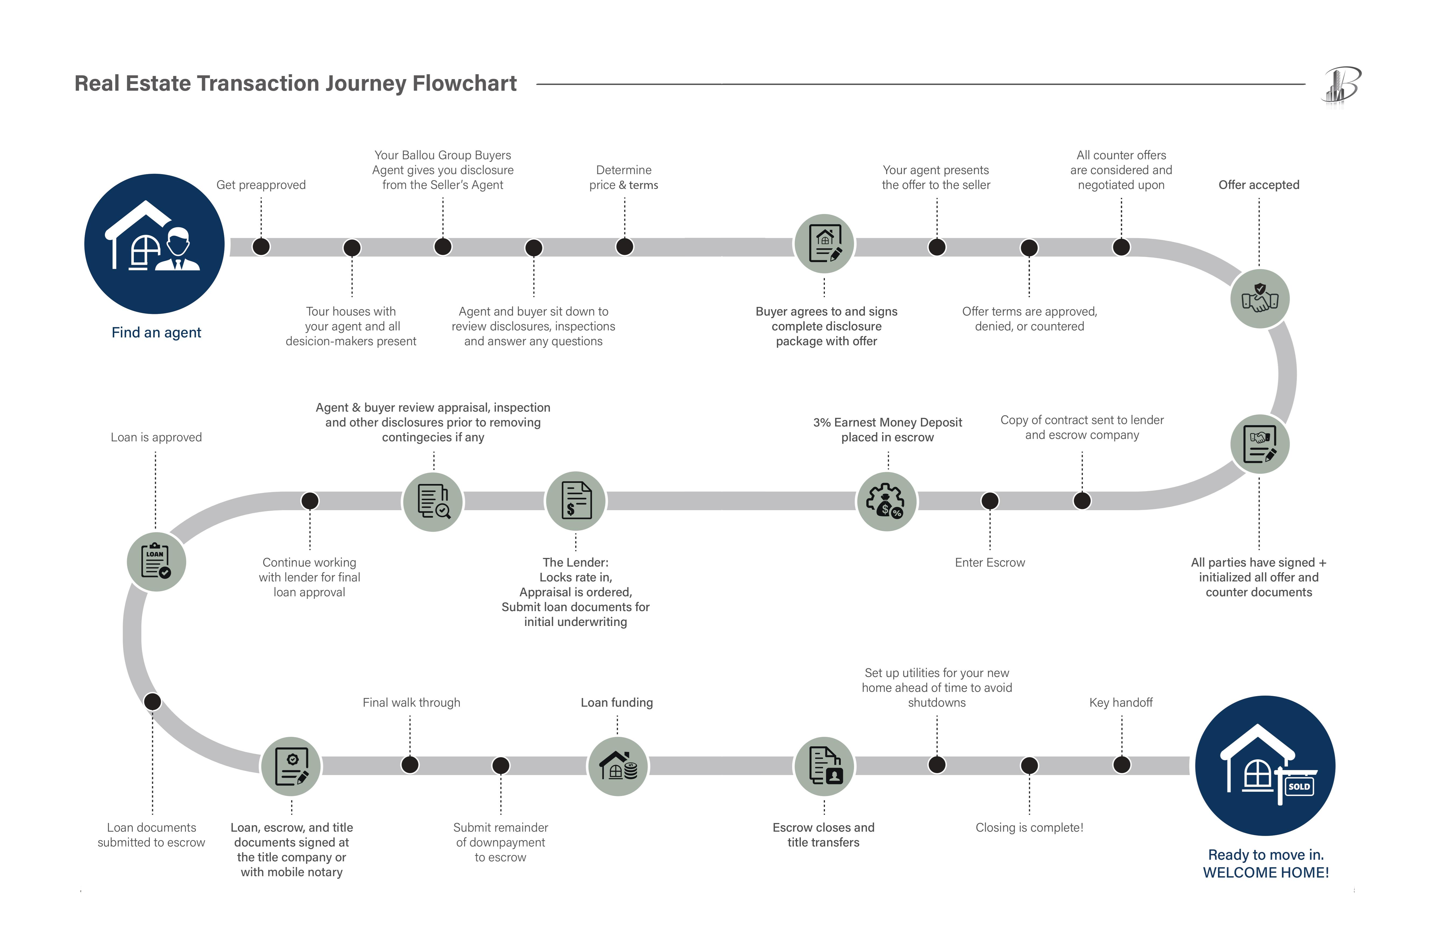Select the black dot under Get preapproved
click(261, 247)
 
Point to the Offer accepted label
click(1259, 185)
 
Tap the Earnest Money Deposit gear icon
click(887, 501)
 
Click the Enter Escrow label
click(990, 563)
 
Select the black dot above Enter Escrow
click(990, 501)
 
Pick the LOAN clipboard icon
click(156, 562)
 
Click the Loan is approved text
click(156, 437)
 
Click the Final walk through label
click(411, 703)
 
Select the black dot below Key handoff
click(1122, 765)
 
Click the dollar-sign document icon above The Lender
click(576, 501)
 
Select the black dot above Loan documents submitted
click(153, 702)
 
